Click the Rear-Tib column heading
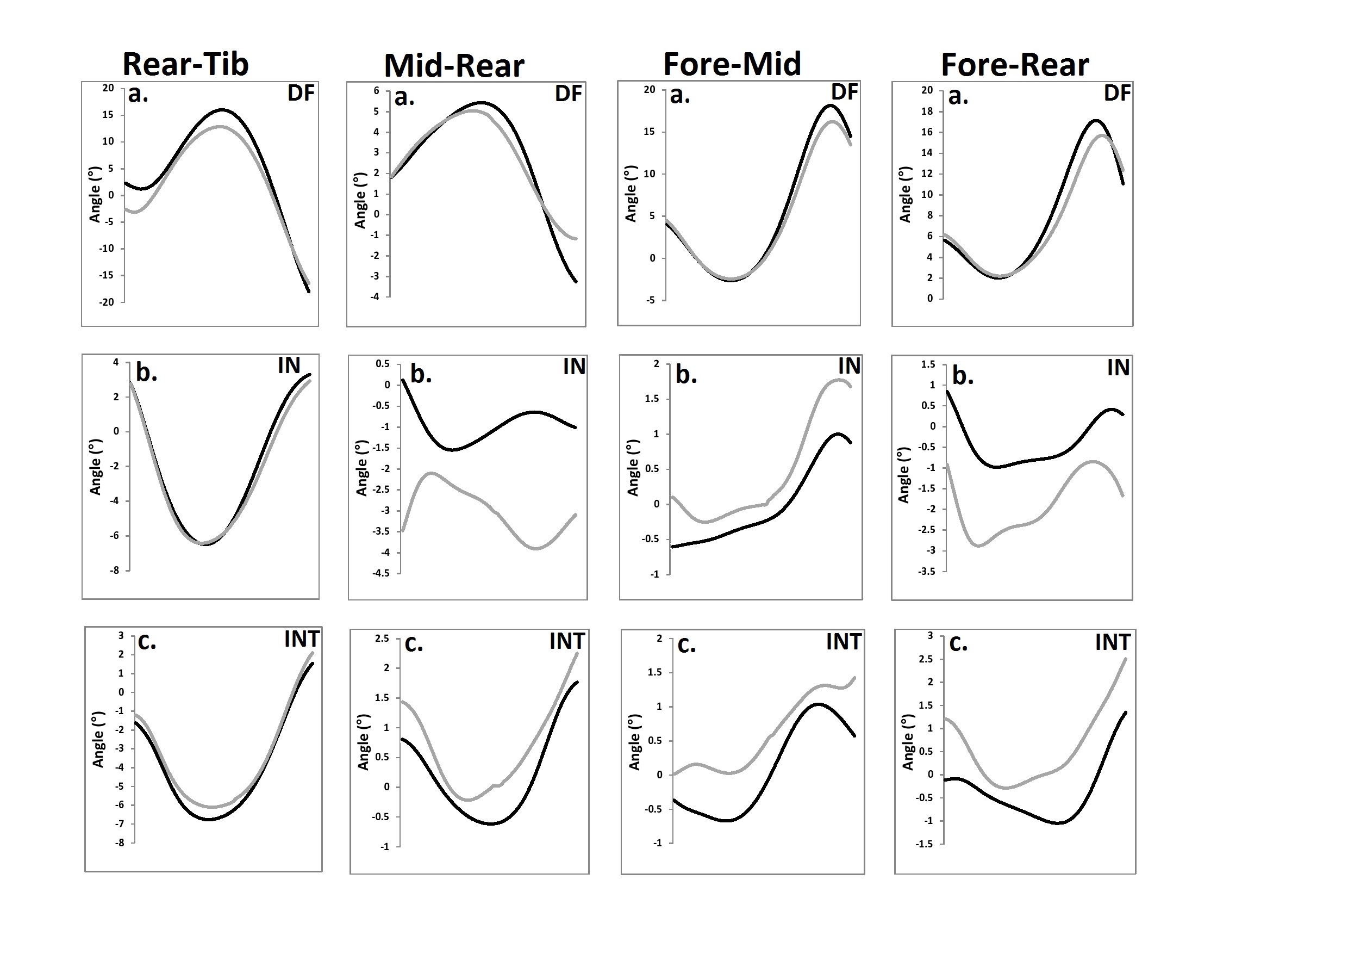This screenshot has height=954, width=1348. pos(185,64)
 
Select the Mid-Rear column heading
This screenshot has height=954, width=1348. pos(454,66)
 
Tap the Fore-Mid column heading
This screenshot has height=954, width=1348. pos(732,64)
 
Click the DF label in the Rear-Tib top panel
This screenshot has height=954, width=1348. pos(301,93)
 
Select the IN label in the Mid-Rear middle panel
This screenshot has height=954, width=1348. pos(573,367)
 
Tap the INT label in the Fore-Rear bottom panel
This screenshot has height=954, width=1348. pos(1112,642)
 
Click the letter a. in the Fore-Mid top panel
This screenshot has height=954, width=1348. pos(680,95)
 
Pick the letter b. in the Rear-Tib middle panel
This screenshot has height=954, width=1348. pos(146,373)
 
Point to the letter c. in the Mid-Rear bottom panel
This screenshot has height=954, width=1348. pos(413,644)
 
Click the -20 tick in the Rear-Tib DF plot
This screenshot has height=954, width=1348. pos(107,302)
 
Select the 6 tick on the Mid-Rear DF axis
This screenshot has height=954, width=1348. pos(376,91)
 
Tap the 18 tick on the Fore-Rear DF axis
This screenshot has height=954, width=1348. pos(926,111)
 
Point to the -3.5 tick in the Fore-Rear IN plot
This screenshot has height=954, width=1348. pos(927,572)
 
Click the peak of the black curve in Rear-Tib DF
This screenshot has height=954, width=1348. pos(222,109)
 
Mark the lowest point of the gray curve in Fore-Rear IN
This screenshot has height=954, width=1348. pos(979,546)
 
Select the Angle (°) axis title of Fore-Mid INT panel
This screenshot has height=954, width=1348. pos(635,742)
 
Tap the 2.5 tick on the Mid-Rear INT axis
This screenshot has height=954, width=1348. pos(382,639)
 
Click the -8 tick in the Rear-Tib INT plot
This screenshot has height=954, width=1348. pos(120,843)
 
